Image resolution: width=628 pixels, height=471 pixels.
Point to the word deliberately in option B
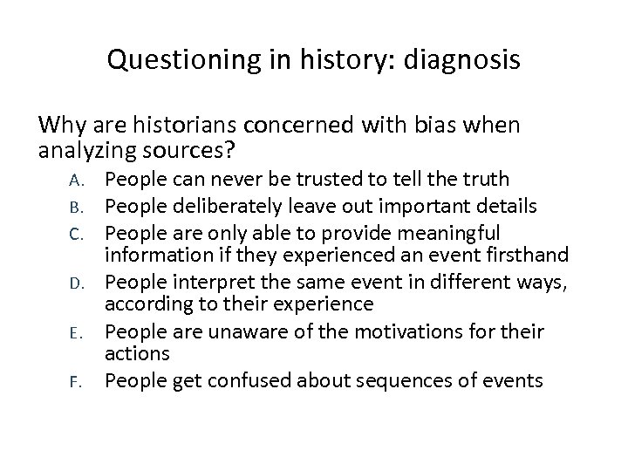[x=226, y=206]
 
